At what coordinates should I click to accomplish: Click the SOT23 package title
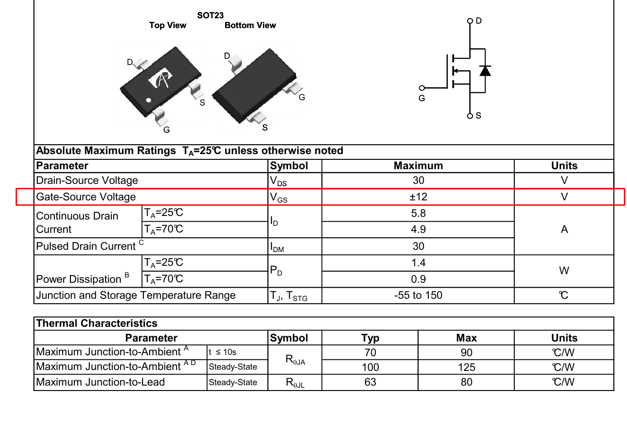tap(210, 16)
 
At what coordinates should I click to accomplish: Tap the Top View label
tap(168, 25)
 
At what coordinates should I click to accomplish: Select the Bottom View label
tap(250, 25)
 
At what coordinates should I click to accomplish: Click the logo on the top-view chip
tap(160, 79)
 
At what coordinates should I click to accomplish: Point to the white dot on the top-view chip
tap(149, 100)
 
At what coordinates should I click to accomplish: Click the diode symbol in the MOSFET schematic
tap(485, 71)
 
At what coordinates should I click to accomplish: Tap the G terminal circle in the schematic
tap(422, 88)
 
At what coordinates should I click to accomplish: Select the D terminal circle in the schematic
tap(470, 21)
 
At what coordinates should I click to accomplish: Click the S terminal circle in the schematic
tap(470, 116)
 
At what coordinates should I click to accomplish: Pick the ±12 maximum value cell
tap(418, 197)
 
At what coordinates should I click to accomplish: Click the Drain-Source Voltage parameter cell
tap(87, 180)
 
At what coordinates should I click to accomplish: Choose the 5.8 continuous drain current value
tap(418, 213)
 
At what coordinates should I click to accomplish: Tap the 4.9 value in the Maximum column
tap(418, 229)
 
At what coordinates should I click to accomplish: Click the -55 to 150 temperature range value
tap(418, 295)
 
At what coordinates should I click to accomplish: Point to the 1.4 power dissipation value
tap(418, 263)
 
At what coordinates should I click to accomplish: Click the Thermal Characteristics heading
tap(97, 323)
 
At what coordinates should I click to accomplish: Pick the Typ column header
tap(370, 338)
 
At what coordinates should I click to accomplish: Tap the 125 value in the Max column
tap(466, 367)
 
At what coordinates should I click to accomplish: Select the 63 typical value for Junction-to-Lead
tap(370, 382)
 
